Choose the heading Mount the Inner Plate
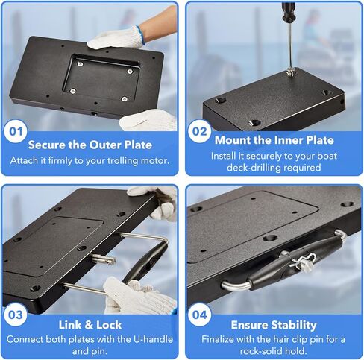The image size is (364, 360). (x=274, y=140)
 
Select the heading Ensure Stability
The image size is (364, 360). (x=274, y=326)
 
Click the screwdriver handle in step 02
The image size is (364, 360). (x=286, y=10)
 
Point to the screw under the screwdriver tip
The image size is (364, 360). (x=290, y=72)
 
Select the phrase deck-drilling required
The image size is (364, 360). (x=274, y=168)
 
